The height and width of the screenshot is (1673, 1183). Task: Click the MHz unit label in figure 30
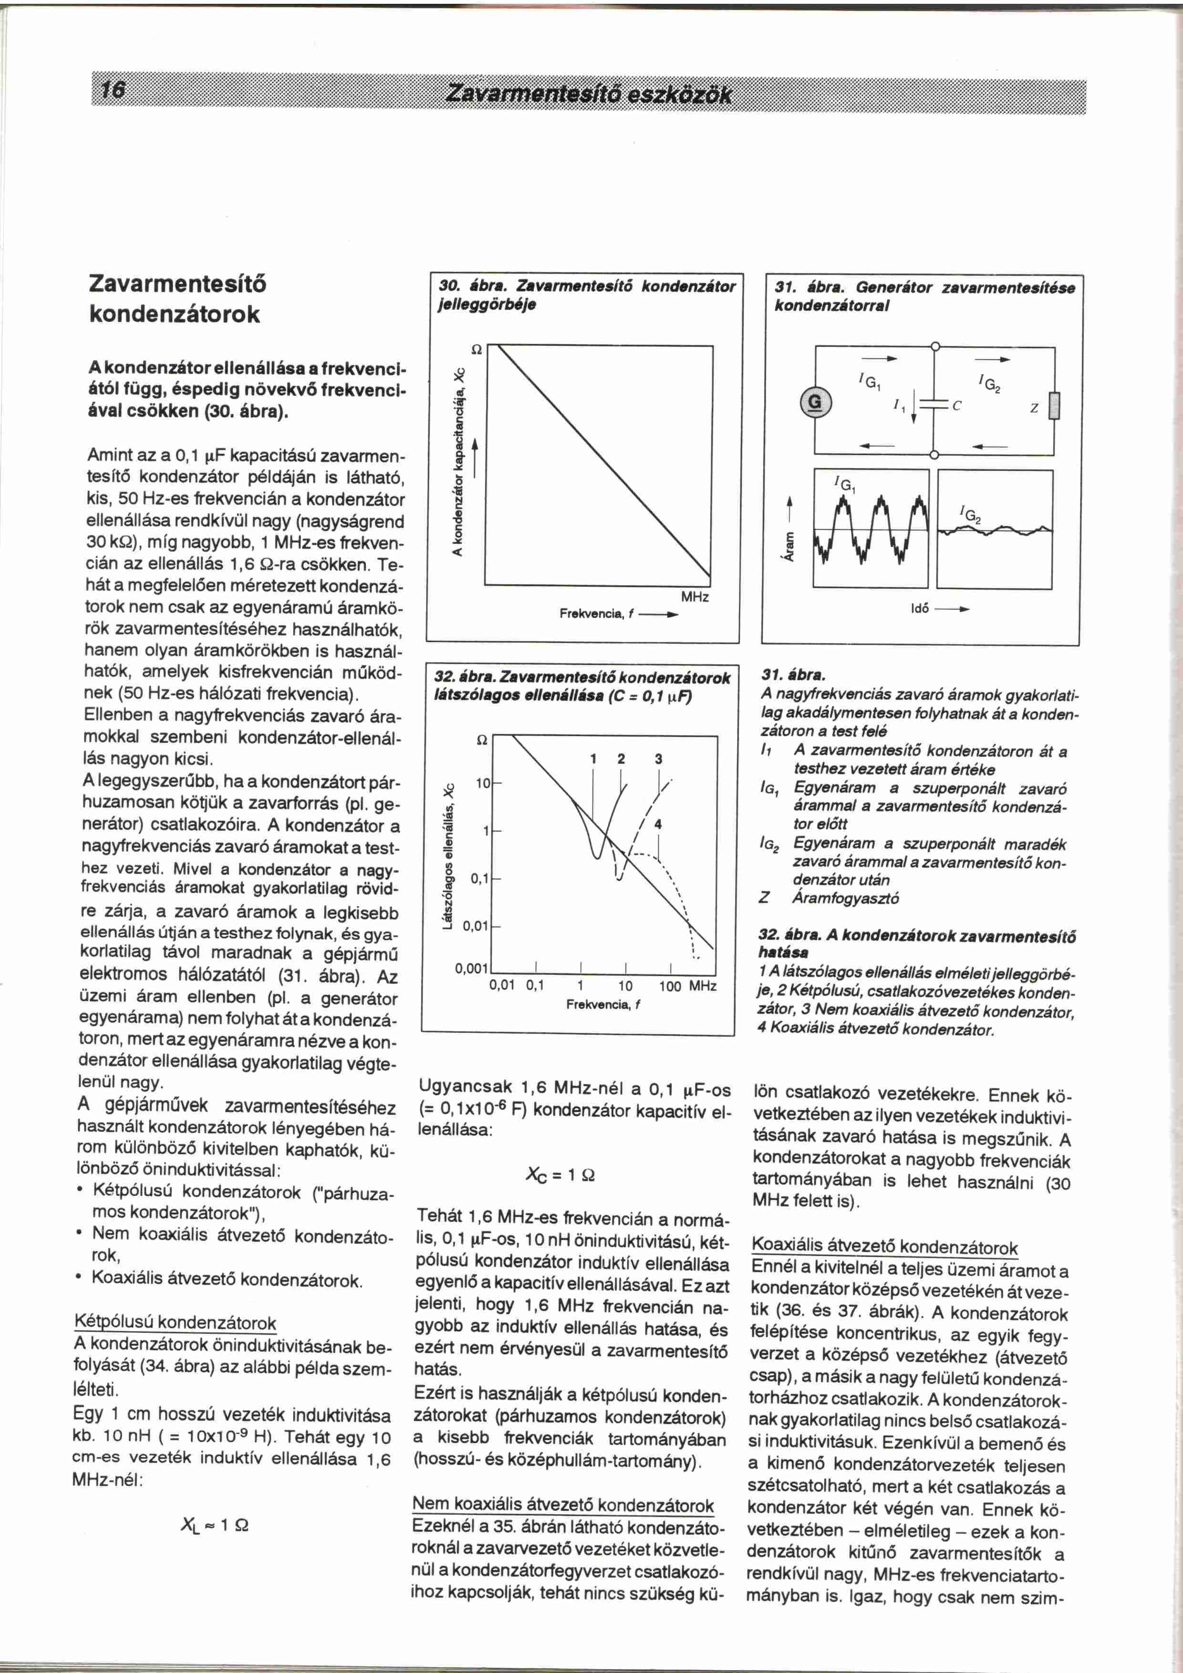(695, 597)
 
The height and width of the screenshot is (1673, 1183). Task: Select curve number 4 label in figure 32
(658, 825)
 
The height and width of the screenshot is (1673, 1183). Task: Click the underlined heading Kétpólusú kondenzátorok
(176, 1322)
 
